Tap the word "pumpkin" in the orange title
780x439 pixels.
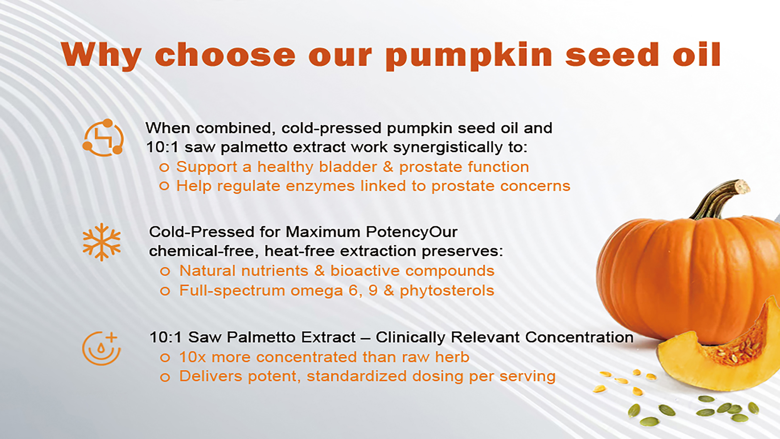[469, 56]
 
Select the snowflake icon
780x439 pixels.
[102, 242]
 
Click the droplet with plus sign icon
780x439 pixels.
[102, 348]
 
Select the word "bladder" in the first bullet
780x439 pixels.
[348, 167]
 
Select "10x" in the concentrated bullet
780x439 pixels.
[193, 357]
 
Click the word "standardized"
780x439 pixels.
[357, 376]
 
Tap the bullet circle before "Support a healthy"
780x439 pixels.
[164, 167]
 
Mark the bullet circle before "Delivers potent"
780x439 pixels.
[165, 377]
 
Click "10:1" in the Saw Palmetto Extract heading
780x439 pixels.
[166, 337]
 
